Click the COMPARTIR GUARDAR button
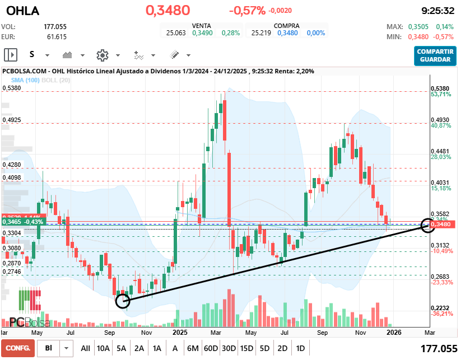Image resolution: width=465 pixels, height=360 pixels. pyautogui.click(x=435, y=55)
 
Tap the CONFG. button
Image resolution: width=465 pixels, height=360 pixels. pyautogui.click(x=18, y=348)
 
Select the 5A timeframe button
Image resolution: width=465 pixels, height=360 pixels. pyautogui.click(x=122, y=348)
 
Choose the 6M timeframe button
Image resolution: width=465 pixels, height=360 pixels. pyautogui.click(x=193, y=348)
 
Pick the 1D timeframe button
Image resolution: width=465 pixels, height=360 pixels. pyautogui.click(x=300, y=348)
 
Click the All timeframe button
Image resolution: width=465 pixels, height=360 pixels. pyautogui.click(x=85, y=348)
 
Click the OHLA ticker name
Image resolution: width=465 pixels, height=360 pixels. pyautogui.click(x=22, y=11)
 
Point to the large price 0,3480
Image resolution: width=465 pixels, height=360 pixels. pyautogui.click(x=168, y=11)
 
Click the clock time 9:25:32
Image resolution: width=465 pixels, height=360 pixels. pyautogui.click(x=437, y=11)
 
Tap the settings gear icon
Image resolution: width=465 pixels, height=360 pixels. pyautogui.click(x=102, y=55)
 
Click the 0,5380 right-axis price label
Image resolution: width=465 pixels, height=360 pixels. pyautogui.click(x=440, y=88)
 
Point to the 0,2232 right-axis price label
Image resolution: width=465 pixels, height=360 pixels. pyautogui.click(x=440, y=308)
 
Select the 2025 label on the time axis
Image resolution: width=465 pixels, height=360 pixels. pyautogui.click(x=180, y=332)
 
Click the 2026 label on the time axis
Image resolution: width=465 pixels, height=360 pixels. pyautogui.click(x=394, y=332)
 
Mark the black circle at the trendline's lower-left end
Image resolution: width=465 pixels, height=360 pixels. pyautogui.click(x=122, y=301)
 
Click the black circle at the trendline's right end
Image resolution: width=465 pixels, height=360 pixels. pyautogui.click(x=428, y=226)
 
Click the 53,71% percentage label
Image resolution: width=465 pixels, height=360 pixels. pyautogui.click(x=441, y=95)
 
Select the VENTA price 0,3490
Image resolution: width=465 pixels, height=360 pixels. pyautogui.click(x=202, y=33)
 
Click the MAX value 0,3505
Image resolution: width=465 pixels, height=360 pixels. pyautogui.click(x=417, y=27)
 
